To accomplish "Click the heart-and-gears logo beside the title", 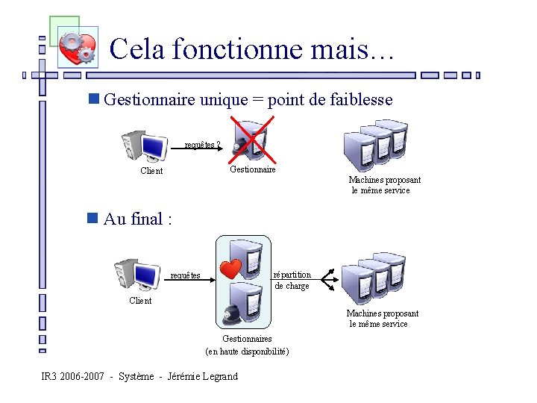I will point(78,48).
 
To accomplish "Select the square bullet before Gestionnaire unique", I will point(92,99).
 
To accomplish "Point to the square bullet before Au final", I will point(92,218).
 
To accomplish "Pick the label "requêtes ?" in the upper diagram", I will point(202,145).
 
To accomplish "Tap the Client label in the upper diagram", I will point(151,171).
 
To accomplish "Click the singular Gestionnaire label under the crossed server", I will point(252,169).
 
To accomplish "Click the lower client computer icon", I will point(137,272).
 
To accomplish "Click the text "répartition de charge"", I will point(292,280).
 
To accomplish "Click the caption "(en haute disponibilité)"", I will point(247,352).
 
